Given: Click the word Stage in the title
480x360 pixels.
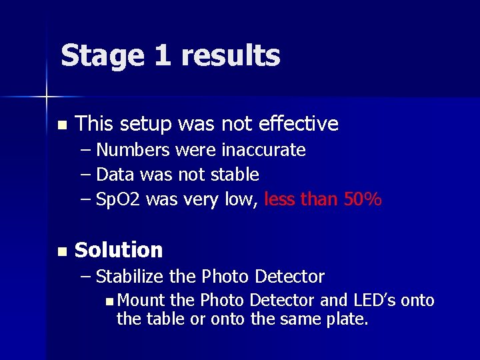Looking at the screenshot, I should click(102, 56).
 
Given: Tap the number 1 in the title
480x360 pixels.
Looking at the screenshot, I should click(163, 55).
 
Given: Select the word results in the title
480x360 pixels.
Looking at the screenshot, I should click(231, 56).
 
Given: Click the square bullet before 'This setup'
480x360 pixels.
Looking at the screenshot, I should click(62, 125).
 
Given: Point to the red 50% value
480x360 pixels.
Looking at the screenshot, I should click(363, 199).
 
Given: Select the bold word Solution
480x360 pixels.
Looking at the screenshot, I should click(119, 250).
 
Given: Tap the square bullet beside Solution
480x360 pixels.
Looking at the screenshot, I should click(62, 251).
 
